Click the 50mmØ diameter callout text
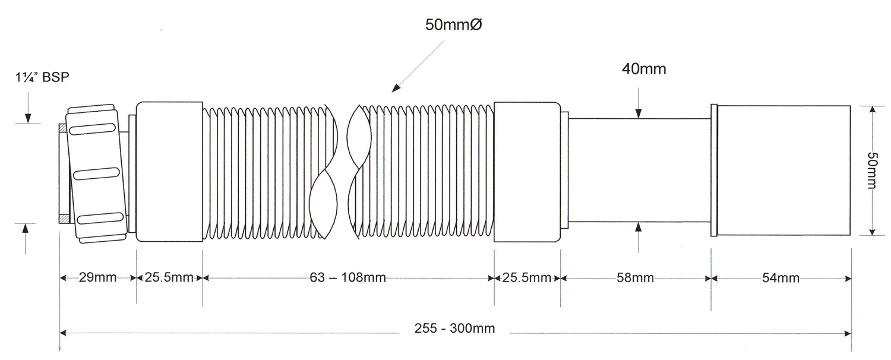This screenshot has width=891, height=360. (453, 25)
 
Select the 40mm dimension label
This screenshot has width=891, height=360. (644, 70)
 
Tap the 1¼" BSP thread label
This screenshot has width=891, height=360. (42, 77)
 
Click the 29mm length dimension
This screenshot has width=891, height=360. (97, 277)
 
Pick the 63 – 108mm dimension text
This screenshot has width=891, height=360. (347, 277)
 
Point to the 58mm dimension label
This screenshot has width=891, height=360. (635, 277)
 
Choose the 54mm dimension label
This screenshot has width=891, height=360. (781, 277)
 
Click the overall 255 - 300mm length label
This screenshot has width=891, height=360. (454, 329)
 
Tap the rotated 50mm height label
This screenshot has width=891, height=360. (872, 170)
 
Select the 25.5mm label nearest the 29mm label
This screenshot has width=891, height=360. (169, 277)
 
